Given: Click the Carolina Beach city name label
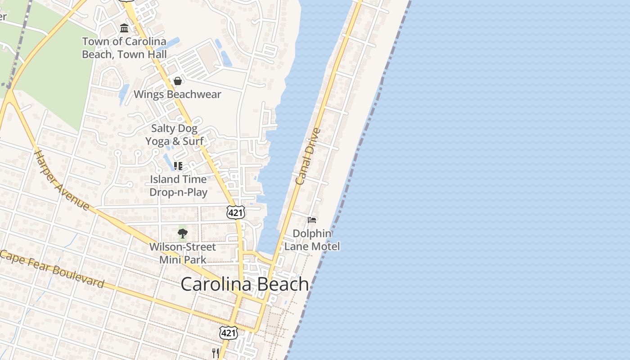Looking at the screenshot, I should pos(245,284).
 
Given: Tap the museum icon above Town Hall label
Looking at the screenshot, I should pos(124,28).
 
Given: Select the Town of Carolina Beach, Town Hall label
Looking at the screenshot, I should pos(124,48).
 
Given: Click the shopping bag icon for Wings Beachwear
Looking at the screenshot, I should pos(178,81).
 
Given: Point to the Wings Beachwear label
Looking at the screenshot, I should pos(177,94).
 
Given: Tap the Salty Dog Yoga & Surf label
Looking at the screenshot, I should pos(174,135).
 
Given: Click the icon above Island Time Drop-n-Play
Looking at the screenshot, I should pos(178,166).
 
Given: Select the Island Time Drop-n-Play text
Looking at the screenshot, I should pos(178,186).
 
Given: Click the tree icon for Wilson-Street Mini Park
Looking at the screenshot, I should pos(182,233).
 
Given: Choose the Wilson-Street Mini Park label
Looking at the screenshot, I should pos(183,253).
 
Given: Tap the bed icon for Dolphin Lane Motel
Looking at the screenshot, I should pos(312,220).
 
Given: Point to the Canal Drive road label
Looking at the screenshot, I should pos(308,156).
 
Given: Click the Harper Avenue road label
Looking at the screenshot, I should pos(62,180).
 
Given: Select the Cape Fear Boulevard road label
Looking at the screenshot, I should pos(53,269).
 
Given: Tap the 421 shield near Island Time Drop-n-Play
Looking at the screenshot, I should pos(236,212).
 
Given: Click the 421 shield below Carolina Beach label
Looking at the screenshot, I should pos(229,333).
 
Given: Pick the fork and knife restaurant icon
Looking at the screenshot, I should pos(216,352).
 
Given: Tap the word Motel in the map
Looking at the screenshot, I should pos(325,247).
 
